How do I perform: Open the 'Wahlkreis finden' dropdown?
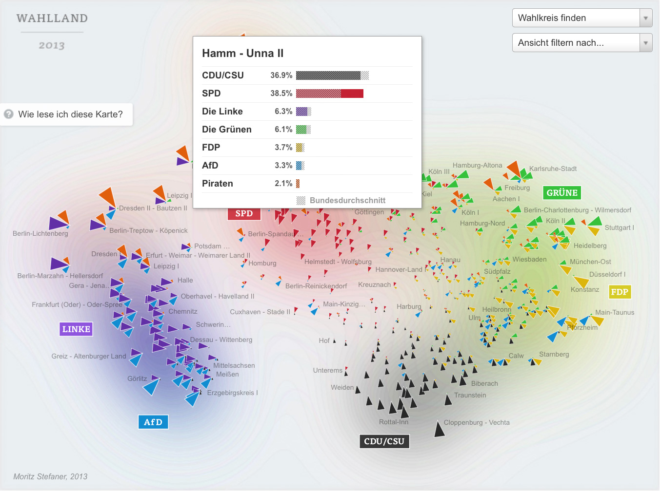point(582,18)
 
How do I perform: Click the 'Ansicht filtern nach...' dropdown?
point(582,43)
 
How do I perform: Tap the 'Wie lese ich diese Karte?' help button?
point(66,114)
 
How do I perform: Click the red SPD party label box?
point(244,213)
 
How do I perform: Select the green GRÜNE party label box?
point(562,193)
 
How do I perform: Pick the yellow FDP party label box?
point(620,292)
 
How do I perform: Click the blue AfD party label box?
point(153,422)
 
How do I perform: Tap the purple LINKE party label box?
point(76,329)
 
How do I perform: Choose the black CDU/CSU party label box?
point(384,441)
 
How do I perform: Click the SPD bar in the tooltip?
point(329,94)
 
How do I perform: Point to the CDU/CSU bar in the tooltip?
point(332,76)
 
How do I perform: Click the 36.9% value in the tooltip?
point(281,76)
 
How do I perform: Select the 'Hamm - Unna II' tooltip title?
point(242,54)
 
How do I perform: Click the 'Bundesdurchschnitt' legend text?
point(347,201)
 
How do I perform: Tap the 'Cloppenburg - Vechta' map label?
point(477,422)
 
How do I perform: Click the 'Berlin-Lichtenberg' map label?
point(40,233)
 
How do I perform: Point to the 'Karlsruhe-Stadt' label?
point(553,169)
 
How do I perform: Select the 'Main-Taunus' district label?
point(615,312)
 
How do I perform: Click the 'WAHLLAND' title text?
point(52,19)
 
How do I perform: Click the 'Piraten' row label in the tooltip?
point(218,184)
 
